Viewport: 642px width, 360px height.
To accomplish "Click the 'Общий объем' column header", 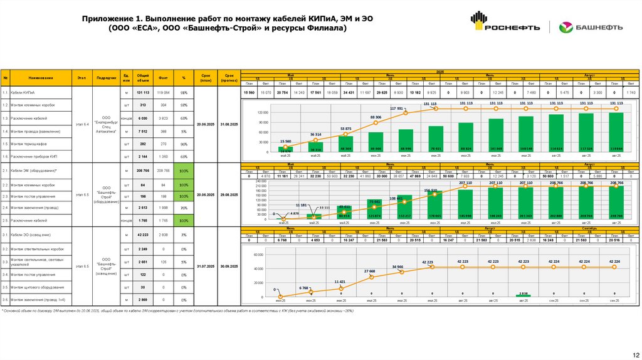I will tap(143, 78).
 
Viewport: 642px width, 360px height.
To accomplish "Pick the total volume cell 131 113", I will tap(143, 92).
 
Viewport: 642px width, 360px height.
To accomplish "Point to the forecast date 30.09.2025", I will tap(229, 266).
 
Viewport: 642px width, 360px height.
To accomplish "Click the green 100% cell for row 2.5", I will tap(184, 221).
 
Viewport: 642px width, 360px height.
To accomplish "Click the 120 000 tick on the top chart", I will tap(260, 112).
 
